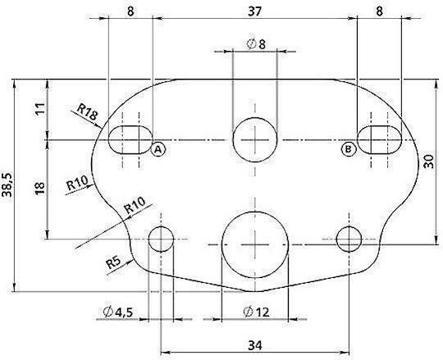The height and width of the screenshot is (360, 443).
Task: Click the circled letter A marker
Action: pyautogui.click(x=158, y=149)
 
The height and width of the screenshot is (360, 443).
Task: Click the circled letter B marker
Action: pyautogui.click(x=348, y=148)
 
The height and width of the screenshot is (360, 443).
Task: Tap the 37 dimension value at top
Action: pyautogui.click(x=255, y=11)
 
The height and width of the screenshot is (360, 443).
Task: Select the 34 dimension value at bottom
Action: pyautogui.click(x=255, y=345)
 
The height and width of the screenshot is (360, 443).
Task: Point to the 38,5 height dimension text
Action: pyautogui.click(x=7, y=185)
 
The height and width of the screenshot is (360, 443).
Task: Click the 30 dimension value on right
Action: pyautogui.click(x=429, y=162)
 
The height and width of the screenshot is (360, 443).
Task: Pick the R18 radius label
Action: pyautogui.click(x=87, y=112)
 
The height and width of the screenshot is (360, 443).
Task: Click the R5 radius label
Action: pyautogui.click(x=113, y=263)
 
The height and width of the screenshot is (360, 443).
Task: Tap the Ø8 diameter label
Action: pyautogui.click(x=256, y=44)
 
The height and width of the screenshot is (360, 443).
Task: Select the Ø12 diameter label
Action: pyautogui.click(x=256, y=312)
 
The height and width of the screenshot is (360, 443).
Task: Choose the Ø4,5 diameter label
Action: pyautogui.click(x=118, y=312)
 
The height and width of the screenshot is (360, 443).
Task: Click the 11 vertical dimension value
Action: pyautogui.click(x=40, y=109)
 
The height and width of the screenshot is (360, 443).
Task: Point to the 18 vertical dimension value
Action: pyautogui.click(x=40, y=188)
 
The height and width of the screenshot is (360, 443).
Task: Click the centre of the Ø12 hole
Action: pyautogui.click(x=255, y=244)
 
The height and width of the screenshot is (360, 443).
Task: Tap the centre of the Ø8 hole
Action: pyautogui.click(x=255, y=139)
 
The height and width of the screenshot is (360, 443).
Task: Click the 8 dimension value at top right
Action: pyautogui.click(x=380, y=11)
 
